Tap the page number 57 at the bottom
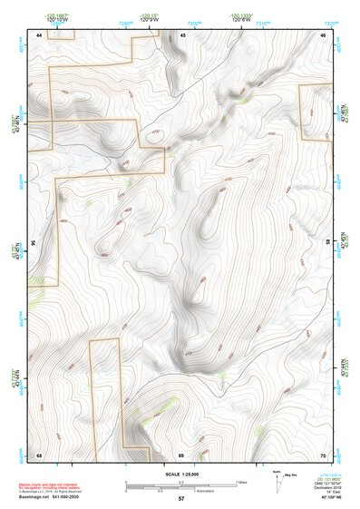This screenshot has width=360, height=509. tap(181, 498)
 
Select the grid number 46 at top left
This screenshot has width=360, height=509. tap(39, 35)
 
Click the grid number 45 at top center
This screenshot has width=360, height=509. tap(182, 35)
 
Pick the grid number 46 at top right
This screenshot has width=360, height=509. tap(323, 35)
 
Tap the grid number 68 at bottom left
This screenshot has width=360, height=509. tap(39, 455)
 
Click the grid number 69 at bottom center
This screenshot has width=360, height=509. tap(181, 455)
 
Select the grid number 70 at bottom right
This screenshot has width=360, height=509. tap(323, 455)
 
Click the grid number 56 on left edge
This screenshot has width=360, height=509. tap(34, 243)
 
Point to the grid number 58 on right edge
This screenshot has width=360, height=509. tap(328, 243)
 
